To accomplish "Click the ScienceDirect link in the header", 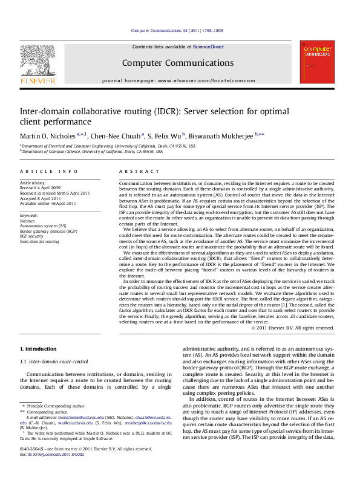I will tap(208, 47).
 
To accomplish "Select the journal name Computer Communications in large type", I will tap(177, 63).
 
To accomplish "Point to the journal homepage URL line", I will tap(178, 80).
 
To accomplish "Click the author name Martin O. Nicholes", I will tap(48, 135).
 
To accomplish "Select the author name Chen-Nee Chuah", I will tap(116, 135).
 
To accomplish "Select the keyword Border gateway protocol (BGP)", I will tap(48, 231).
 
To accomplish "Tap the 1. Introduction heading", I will tap(38, 349).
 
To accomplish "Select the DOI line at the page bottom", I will tap(51, 471).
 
